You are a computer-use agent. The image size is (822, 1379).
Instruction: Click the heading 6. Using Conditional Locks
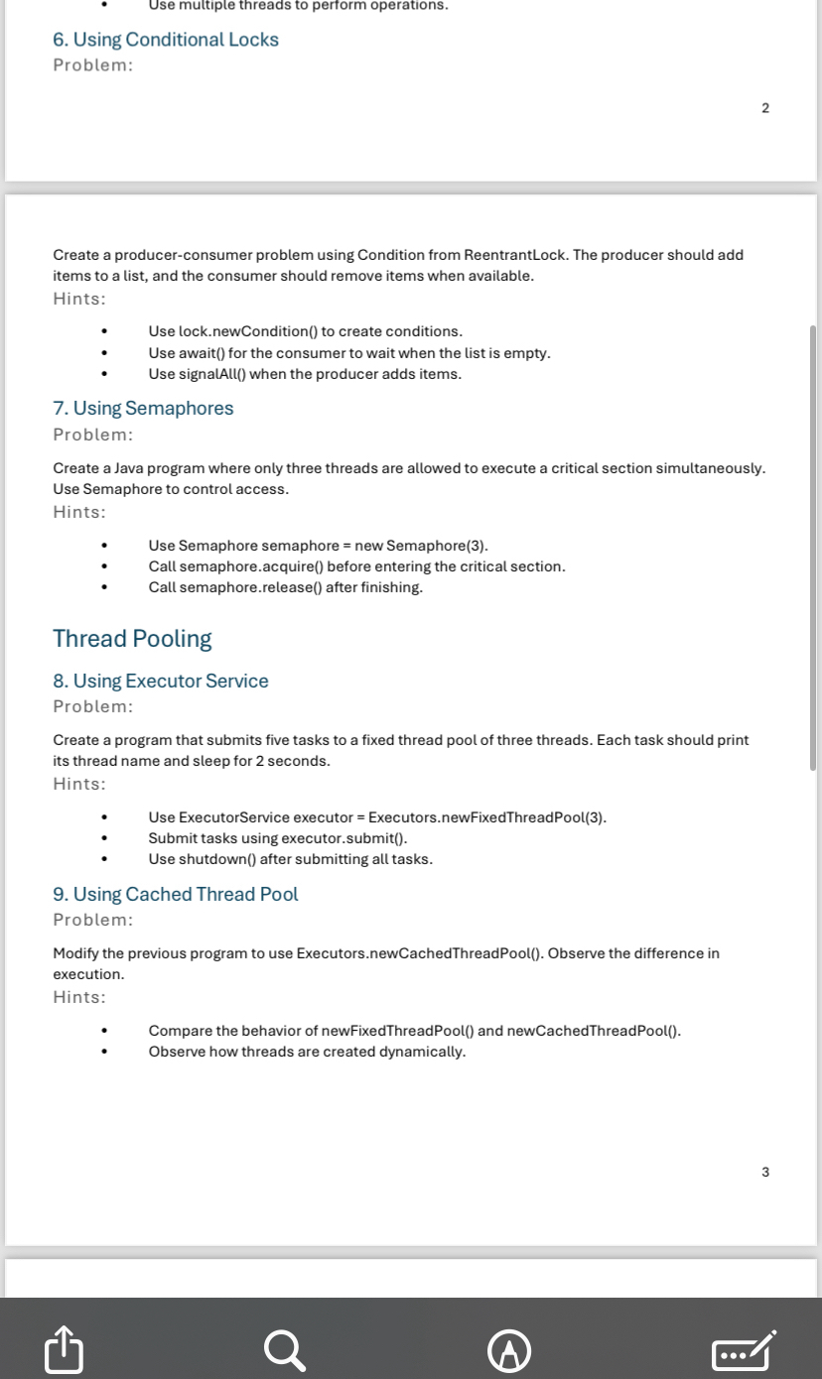[x=166, y=40]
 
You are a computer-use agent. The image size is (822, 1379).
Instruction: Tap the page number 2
[x=764, y=108]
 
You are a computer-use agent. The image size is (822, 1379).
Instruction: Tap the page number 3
[x=764, y=1172]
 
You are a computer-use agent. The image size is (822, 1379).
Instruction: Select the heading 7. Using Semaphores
[x=143, y=408]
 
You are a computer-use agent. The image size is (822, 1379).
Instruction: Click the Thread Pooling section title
[x=132, y=638]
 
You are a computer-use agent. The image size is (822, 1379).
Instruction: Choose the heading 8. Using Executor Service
[x=161, y=681]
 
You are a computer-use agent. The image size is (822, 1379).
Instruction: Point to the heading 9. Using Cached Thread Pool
[x=175, y=894]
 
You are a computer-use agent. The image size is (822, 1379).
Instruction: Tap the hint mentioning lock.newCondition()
[x=305, y=331]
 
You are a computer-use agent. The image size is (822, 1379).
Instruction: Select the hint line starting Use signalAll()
[x=305, y=374]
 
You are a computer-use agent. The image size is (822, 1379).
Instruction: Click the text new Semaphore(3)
[x=437, y=546]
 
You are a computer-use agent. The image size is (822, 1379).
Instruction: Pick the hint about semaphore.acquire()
[x=356, y=566]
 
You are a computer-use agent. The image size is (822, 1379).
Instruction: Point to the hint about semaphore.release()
[x=285, y=587]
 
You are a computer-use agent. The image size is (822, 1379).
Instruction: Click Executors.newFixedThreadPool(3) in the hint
[x=486, y=817]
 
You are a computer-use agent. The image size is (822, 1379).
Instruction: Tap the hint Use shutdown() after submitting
[x=290, y=859]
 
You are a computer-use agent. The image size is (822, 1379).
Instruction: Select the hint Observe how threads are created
[x=307, y=1052]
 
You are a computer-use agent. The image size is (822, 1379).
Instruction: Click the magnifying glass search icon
[x=285, y=1349]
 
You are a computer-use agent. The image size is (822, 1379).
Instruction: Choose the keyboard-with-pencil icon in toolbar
[x=743, y=1350]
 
